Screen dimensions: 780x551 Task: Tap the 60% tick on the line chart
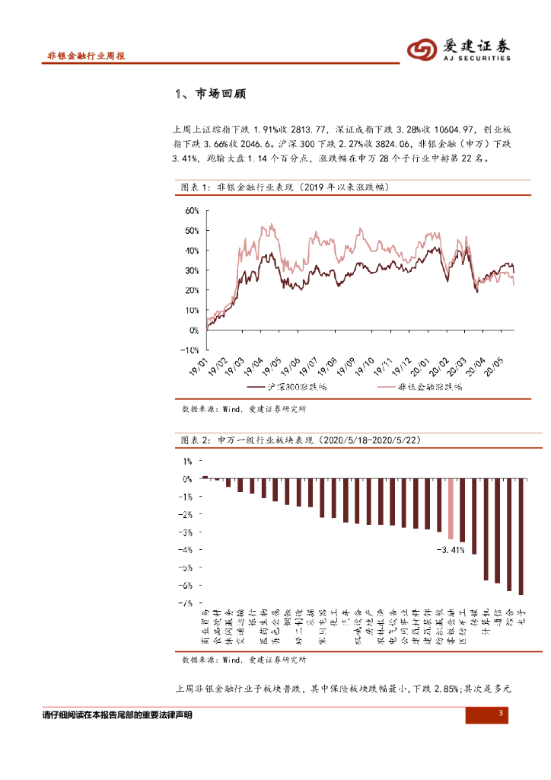click(x=190, y=210)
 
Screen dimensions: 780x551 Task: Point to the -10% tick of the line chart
click(x=188, y=350)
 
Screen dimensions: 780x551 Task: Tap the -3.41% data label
click(x=450, y=550)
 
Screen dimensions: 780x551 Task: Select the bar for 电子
click(x=521, y=536)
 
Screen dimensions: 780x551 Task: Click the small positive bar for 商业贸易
click(x=205, y=477)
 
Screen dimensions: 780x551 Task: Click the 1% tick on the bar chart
click(x=187, y=461)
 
